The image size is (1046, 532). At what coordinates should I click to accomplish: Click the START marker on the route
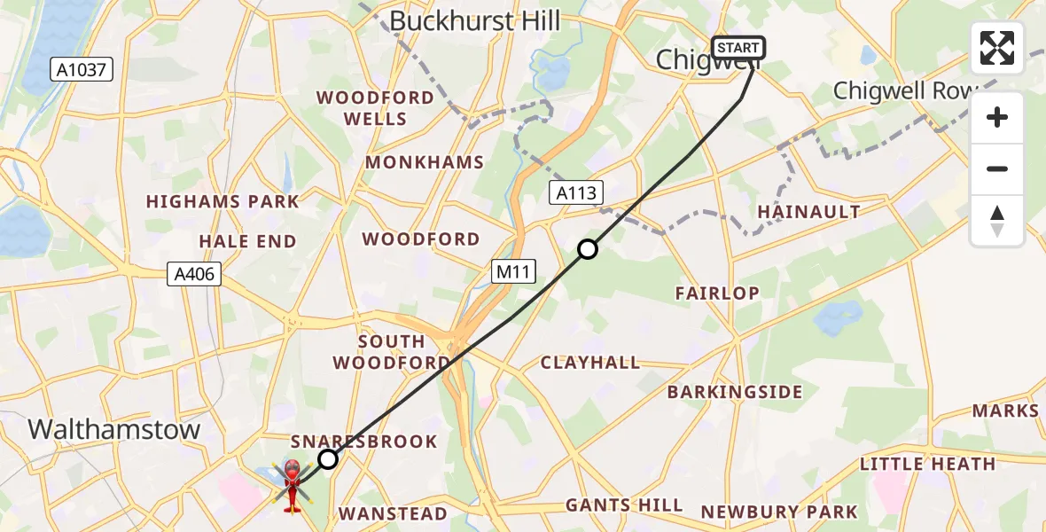738,48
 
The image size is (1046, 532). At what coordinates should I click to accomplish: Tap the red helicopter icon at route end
292,483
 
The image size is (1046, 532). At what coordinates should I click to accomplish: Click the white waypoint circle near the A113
588,250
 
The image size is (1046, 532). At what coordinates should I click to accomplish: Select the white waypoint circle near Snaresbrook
328,458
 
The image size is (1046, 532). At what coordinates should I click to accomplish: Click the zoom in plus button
997,118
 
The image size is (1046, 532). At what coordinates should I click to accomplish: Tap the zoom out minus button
997,168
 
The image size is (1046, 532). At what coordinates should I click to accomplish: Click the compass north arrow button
997,220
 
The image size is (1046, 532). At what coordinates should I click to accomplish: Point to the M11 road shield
514,272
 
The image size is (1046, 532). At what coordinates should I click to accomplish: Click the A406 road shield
193,274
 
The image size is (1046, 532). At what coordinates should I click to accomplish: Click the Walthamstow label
114,429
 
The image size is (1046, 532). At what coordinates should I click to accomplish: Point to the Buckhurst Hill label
475,21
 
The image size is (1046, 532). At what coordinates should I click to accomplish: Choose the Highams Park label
222,201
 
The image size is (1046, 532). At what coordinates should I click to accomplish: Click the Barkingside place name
735,392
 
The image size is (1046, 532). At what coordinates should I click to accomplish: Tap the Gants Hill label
624,505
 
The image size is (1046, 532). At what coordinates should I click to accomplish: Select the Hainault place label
808,211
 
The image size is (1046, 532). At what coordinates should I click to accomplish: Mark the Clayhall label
590,362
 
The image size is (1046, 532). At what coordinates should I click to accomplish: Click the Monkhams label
425,162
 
